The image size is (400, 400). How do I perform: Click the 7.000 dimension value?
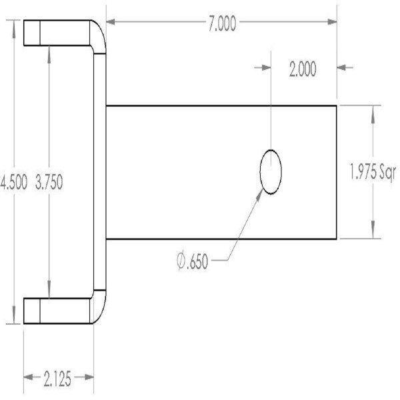221,25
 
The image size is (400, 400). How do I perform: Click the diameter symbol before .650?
181,262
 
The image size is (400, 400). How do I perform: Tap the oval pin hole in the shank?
270,171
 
